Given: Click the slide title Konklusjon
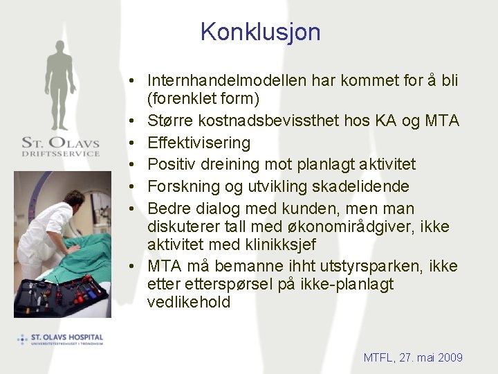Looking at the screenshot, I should pyautogui.click(x=260, y=32).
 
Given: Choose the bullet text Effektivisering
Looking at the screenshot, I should pyautogui.click(x=199, y=143).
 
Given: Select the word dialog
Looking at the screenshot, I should pyautogui.click(x=212, y=208).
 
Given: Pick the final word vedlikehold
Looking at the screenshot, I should pyautogui.click(x=189, y=303).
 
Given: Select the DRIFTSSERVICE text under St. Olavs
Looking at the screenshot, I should pyautogui.click(x=61, y=154).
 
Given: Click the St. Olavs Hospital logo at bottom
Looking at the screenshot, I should pyautogui.click(x=61, y=339).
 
